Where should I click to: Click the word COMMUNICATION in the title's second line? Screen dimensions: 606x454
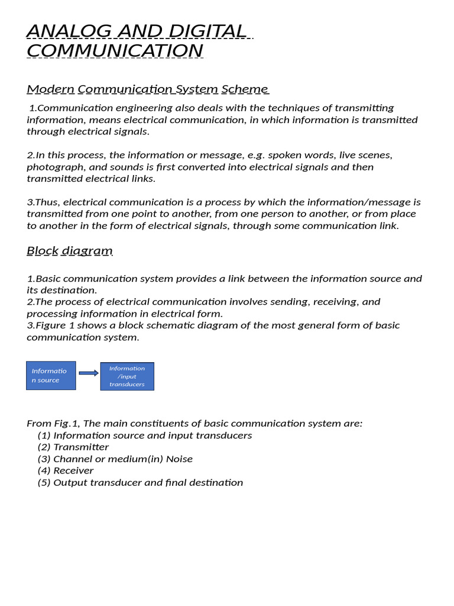(115, 51)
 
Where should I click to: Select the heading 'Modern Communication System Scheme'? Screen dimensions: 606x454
(148, 89)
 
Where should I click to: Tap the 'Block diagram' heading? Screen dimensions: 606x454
(70, 251)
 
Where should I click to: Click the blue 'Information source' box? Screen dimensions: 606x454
(51, 376)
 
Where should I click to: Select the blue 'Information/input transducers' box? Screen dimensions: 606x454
(127, 376)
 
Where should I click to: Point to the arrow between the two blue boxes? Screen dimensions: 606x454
(88, 373)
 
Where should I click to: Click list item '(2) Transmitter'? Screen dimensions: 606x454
(73, 447)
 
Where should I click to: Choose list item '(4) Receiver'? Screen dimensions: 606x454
(66, 471)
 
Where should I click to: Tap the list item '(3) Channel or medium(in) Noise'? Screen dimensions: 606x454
(115, 459)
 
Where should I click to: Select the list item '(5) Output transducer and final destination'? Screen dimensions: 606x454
(140, 483)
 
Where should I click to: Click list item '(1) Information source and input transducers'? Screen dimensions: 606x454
(145, 436)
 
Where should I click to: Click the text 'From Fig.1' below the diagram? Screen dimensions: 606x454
(53, 424)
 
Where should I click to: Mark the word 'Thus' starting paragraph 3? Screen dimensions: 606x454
(44, 202)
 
